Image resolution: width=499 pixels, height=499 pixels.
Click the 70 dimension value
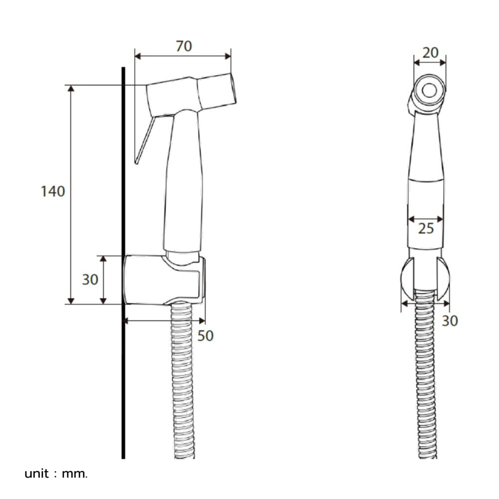184,46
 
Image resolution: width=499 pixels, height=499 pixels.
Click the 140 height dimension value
53,191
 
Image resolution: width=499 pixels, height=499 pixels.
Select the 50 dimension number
205,335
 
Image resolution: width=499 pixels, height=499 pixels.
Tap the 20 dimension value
430,53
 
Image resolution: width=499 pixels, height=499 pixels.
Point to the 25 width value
426,229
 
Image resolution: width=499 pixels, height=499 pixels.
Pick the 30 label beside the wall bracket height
90,279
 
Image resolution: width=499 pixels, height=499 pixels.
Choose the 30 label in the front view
450,321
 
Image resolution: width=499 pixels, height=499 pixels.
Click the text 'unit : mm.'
56,474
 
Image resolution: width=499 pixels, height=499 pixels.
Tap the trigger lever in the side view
145,140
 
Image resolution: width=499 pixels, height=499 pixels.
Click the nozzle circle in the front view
429,91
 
